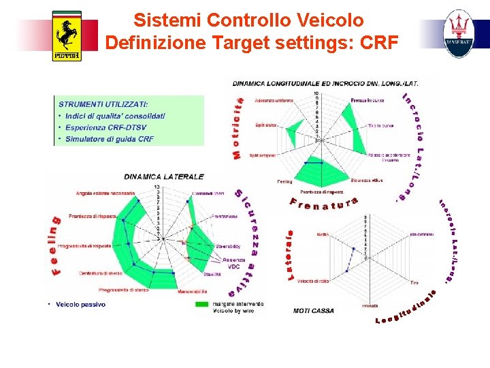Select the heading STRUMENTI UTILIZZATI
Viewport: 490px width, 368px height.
tap(103, 105)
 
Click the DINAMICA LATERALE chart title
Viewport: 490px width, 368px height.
tap(163, 177)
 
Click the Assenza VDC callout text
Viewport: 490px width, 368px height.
tap(233, 263)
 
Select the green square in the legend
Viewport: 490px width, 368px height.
tap(202, 304)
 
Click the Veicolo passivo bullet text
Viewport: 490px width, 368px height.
tap(80, 305)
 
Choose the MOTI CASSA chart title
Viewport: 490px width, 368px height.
tap(313, 311)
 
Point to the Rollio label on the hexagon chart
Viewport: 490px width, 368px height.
tap(323, 234)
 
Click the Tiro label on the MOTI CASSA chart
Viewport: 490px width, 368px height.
tap(414, 281)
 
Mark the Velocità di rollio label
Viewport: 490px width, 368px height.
tap(313, 281)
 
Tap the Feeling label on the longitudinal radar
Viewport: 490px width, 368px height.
tap(284, 182)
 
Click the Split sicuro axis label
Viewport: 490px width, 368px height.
tap(266, 125)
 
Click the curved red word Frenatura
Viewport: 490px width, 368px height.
tap(324, 202)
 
